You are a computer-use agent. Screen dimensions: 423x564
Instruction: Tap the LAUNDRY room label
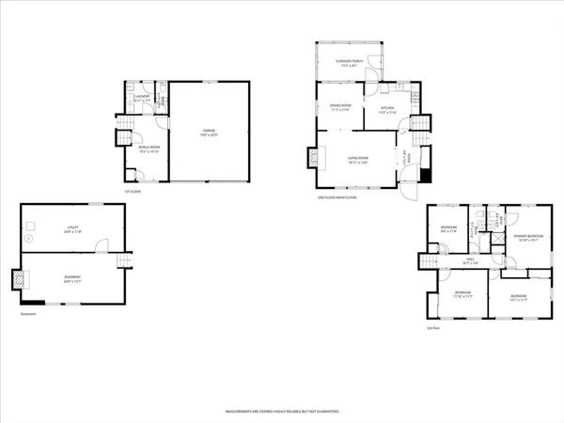(143, 96)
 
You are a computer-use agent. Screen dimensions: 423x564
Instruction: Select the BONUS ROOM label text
(147, 150)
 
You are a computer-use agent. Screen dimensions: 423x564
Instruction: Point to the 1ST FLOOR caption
(133, 193)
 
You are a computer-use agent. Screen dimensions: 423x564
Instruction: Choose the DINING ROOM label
(339, 107)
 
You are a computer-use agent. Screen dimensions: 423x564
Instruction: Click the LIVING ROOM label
(358, 159)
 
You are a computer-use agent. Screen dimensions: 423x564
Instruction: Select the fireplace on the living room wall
(310, 159)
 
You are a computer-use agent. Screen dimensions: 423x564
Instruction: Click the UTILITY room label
(72, 228)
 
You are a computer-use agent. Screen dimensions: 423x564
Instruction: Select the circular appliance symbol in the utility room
(30, 225)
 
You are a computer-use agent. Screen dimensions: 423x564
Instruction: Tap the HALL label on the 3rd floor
(470, 261)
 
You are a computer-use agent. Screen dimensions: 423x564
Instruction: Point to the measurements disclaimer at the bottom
(282, 412)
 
